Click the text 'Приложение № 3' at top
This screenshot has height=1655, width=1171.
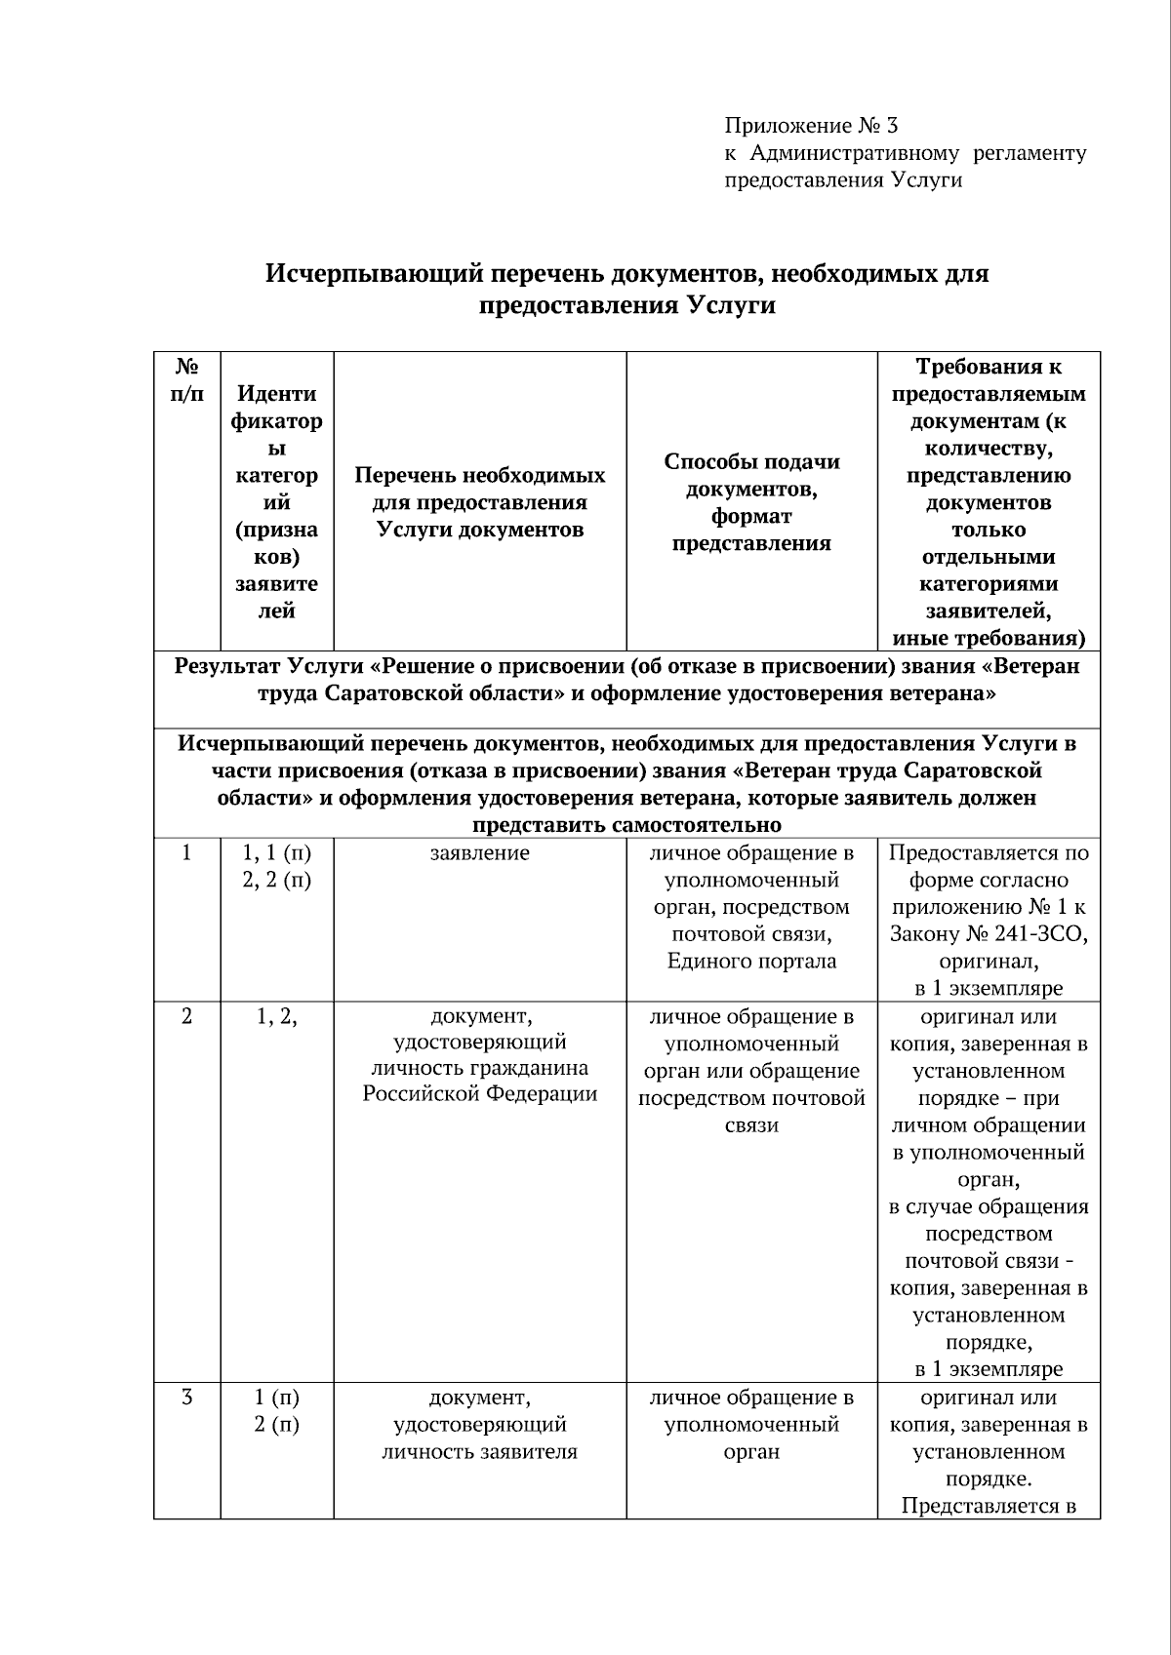coord(810,126)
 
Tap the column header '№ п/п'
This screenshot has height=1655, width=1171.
coord(187,380)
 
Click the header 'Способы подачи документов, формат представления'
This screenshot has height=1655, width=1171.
coord(751,502)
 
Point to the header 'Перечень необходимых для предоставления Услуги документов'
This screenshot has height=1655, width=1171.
coord(479,502)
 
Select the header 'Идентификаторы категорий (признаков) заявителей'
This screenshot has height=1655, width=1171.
coord(276,502)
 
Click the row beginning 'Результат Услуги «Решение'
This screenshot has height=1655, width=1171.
coord(626,680)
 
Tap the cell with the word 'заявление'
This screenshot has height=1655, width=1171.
coord(479,853)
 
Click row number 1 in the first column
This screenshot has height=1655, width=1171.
coord(187,853)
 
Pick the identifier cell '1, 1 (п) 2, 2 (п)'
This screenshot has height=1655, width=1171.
coord(276,866)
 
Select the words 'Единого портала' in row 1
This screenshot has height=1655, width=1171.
coord(751,962)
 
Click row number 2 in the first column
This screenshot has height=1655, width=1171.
coord(187,1017)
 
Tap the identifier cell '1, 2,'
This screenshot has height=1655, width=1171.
coord(276,1017)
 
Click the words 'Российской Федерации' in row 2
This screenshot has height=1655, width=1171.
coord(479,1094)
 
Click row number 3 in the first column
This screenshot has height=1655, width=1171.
coord(187,1398)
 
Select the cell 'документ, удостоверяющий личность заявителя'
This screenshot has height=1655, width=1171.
coord(479,1425)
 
